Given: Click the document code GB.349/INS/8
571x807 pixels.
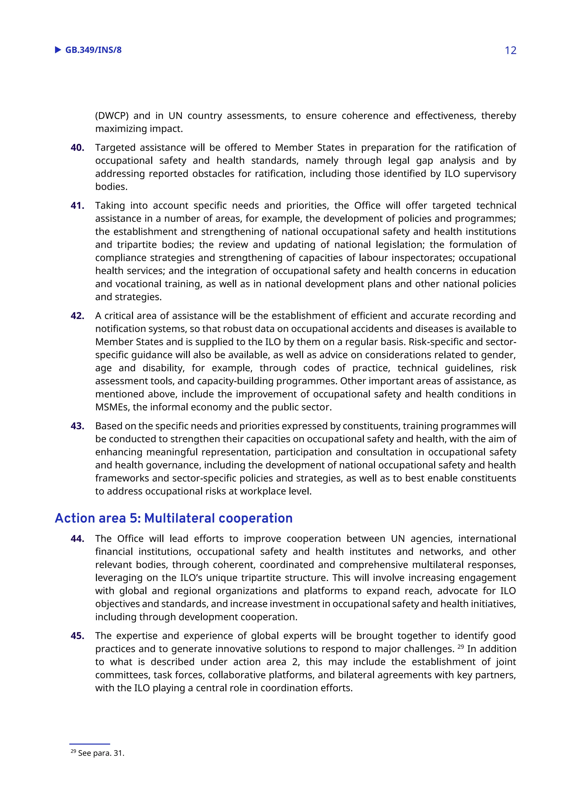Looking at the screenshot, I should point(93,50).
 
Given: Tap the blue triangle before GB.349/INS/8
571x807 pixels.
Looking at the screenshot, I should point(58,50).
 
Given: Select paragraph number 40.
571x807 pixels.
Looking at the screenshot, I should point(77,148).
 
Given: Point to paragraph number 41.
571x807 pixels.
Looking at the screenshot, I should point(77,206).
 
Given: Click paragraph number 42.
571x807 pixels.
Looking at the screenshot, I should point(77,316).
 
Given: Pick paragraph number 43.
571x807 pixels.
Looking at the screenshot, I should point(77,426).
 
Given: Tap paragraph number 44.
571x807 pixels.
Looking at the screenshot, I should point(77,539).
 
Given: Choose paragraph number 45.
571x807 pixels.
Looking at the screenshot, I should point(77,636).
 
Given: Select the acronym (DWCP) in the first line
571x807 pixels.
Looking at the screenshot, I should point(112,116).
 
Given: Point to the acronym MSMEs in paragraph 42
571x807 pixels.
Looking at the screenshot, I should point(113,407).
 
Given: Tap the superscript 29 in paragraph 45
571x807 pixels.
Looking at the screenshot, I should point(461,646).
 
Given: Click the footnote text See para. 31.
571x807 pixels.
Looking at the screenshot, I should point(101,753).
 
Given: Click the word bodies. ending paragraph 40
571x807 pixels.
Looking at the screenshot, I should point(111,187).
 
